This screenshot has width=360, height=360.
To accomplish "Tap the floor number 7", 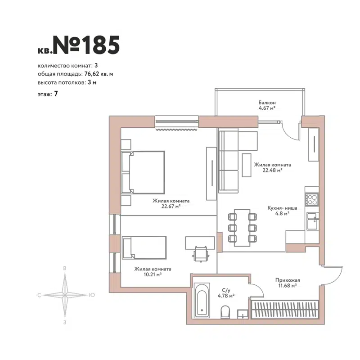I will pyautogui.click(x=56, y=94).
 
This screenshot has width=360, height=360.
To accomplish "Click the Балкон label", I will pyautogui.click(x=267, y=103).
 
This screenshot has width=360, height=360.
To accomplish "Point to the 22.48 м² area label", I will pyautogui.click(x=272, y=171).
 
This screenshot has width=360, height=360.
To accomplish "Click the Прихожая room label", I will pyautogui.click(x=288, y=279).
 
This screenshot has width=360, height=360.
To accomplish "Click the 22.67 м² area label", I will pyautogui.click(x=171, y=207).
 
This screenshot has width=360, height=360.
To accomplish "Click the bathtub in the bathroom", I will pyautogui.click(x=202, y=299).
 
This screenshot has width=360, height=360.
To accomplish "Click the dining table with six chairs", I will pyautogui.click(x=243, y=227).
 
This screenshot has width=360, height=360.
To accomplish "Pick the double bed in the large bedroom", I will pyautogui.click(x=143, y=172).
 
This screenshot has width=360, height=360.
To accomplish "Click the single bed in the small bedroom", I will pyautogui.click(x=144, y=248).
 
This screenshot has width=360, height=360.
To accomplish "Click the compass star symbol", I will pyautogui.click(x=66, y=295).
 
